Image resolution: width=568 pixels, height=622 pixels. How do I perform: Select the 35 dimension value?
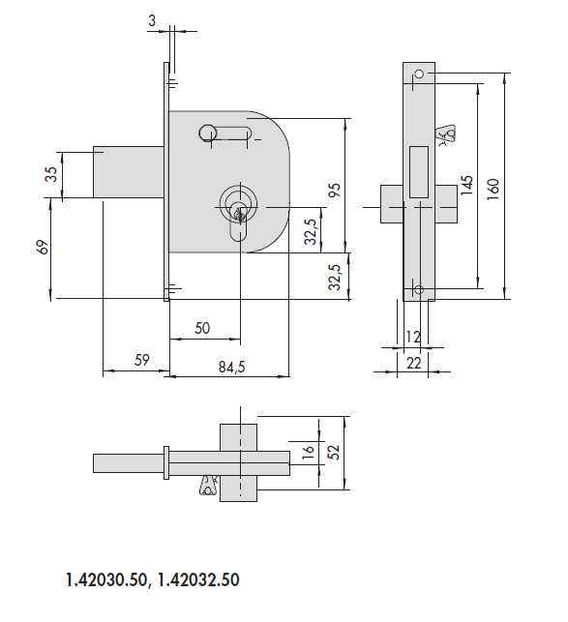[x=51, y=174]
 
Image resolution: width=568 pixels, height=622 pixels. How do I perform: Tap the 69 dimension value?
[x=42, y=249]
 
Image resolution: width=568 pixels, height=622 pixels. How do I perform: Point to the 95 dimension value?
[x=335, y=189]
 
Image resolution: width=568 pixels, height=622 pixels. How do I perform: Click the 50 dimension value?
[x=202, y=328]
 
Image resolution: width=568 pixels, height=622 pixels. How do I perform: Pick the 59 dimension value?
[x=141, y=360]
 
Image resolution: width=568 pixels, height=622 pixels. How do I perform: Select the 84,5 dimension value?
[x=231, y=367]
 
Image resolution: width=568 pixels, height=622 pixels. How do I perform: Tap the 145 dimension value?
[x=466, y=186]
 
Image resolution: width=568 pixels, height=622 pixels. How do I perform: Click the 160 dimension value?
[x=493, y=186]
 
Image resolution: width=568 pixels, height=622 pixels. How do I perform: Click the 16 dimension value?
[x=309, y=452]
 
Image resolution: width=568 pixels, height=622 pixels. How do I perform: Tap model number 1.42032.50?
[x=198, y=580]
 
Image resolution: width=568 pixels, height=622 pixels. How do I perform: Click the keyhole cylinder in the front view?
[x=237, y=206]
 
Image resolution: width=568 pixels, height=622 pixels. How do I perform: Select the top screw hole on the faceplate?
[x=418, y=74]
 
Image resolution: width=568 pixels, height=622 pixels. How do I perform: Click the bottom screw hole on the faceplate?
[x=418, y=289]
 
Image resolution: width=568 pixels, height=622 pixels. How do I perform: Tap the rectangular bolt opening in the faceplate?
[x=420, y=170]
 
